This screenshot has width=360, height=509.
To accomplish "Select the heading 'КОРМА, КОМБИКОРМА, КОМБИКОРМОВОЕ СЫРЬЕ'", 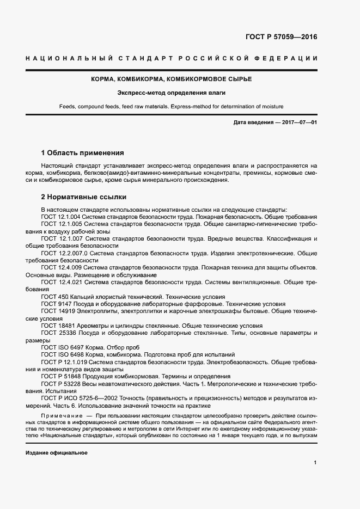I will click(x=180, y=79).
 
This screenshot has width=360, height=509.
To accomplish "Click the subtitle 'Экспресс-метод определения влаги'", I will click(x=179, y=93).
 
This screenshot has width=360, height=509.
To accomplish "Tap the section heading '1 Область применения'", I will click(x=83, y=152).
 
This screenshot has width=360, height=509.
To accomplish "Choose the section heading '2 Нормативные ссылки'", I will click(x=84, y=197).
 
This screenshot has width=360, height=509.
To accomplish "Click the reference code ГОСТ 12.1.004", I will click(x=62, y=217).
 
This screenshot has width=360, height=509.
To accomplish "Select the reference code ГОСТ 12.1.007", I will click(x=62, y=238).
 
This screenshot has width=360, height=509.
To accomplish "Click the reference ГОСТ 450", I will click(x=53, y=297).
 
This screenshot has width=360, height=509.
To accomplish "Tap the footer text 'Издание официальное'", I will click(x=57, y=453).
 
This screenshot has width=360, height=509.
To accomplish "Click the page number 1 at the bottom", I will click(x=315, y=463).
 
